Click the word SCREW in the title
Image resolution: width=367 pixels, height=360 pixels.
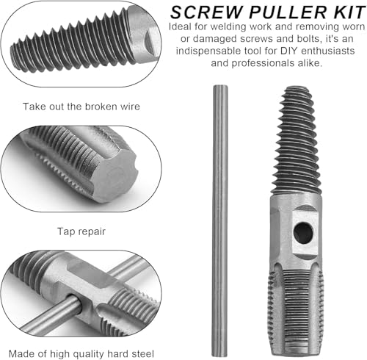[206, 12]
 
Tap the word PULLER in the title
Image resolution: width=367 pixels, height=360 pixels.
[288, 12]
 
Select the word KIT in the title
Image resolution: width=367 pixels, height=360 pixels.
[349, 12]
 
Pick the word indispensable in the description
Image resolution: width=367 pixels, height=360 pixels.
[208, 51]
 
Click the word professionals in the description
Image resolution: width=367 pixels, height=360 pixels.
[263, 64]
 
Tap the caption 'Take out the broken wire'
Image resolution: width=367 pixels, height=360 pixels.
[81, 107]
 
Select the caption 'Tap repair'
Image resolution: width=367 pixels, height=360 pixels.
[81, 231]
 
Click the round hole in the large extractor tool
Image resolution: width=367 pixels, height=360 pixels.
[303, 233]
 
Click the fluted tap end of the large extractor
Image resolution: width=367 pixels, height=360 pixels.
[296, 311]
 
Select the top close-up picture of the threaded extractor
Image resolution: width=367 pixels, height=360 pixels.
[81, 44]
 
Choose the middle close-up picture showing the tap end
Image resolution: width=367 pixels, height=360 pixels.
[81, 169]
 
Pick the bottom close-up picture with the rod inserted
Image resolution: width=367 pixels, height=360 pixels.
[81, 293]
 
